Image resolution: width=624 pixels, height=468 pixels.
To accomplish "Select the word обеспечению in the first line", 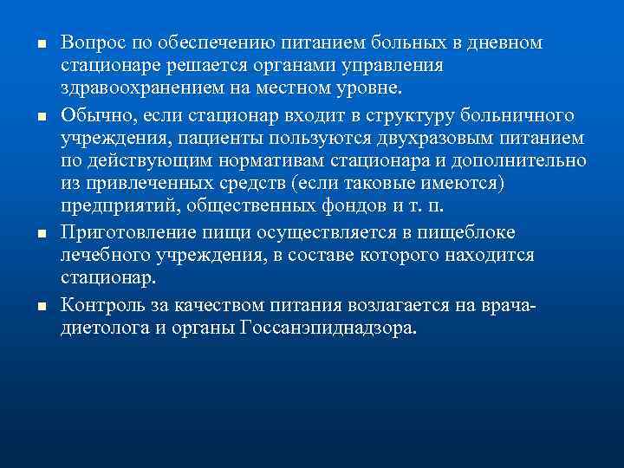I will click(x=200, y=42).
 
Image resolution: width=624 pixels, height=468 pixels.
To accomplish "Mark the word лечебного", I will click(x=100, y=257).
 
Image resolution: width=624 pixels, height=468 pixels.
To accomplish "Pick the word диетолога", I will click(x=101, y=328).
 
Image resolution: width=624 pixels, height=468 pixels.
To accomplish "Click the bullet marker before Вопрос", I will click(x=29, y=44).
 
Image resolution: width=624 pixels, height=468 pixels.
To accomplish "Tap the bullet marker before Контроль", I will click(x=29, y=306).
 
